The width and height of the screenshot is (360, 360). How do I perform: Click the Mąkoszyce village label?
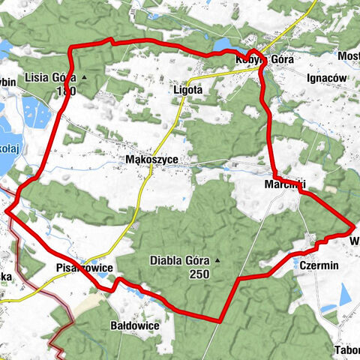[156, 159]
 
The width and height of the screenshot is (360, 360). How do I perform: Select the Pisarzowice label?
[84, 267]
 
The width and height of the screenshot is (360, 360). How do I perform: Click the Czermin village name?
[319, 265]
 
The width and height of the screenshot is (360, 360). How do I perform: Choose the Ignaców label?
[327, 77]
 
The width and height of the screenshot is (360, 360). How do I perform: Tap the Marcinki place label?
[285, 184]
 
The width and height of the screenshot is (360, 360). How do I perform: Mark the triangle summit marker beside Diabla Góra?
[218, 261]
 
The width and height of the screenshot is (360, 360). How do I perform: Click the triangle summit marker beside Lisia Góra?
[84, 77]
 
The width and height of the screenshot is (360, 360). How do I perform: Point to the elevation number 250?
[200, 275]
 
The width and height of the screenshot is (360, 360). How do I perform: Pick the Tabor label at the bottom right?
[346, 350]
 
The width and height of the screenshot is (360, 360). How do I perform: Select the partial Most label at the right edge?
[349, 57]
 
